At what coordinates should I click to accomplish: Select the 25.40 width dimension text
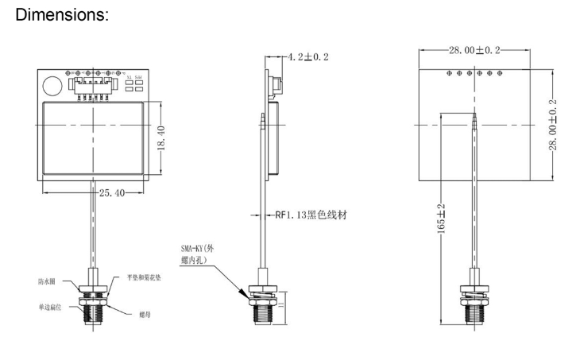click(x=111, y=192)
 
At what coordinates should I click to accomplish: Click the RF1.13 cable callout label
click(x=311, y=215)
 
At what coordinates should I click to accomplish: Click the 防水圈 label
click(x=46, y=281)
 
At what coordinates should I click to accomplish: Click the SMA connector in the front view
click(x=94, y=306)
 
